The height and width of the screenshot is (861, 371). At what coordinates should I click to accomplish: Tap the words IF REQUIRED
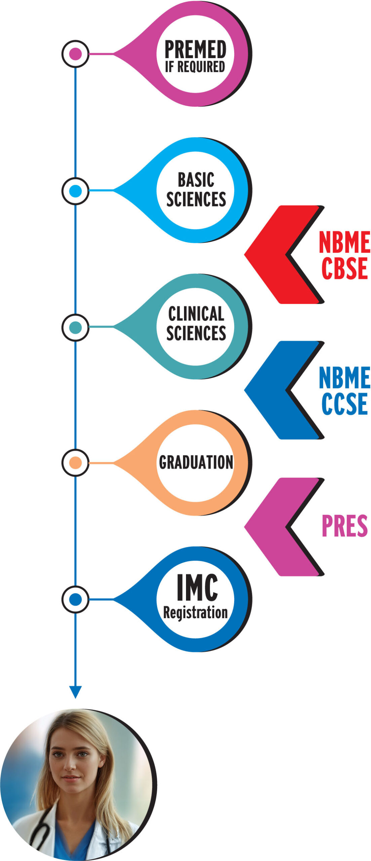coord(195,67)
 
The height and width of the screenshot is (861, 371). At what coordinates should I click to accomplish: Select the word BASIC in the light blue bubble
coord(196,180)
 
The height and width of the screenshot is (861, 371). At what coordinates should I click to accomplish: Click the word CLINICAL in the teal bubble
coord(196,314)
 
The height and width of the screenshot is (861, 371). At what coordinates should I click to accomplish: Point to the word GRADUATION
coord(196,462)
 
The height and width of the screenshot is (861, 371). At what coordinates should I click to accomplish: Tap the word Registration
coord(195,612)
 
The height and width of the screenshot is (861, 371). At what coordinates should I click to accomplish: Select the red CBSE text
coord(344,268)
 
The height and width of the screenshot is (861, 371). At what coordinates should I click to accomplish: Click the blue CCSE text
coord(344,404)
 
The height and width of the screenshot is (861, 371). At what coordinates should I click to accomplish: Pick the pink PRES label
coord(344,526)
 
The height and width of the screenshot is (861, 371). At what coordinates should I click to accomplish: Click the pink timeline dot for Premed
coord(75,54)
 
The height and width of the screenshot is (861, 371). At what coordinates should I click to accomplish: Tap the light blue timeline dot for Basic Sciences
coord(75,191)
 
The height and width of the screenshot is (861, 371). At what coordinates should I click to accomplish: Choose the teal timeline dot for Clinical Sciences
coord(75,327)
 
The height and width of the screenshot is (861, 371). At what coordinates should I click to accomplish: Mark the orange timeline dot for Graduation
coord(75,463)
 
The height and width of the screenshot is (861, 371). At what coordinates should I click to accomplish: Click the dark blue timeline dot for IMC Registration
coord(75,599)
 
